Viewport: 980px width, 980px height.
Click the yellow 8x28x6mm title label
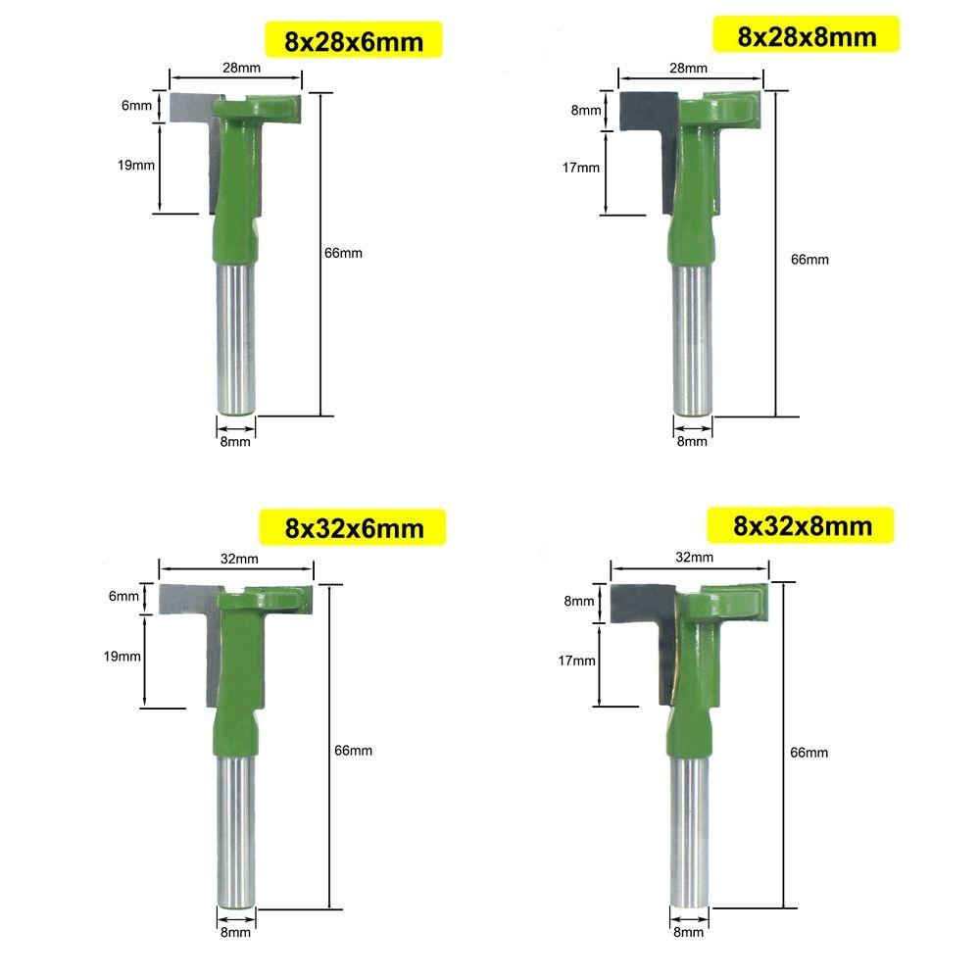pyautogui.click(x=354, y=40)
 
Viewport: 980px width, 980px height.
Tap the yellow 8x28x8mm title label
pyautogui.click(x=807, y=35)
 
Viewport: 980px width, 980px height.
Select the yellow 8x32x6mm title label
pyautogui.click(x=353, y=527)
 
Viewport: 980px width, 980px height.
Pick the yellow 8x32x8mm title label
pyautogui.click(x=802, y=525)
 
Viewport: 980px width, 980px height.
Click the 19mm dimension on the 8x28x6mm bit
pyautogui.click(x=136, y=166)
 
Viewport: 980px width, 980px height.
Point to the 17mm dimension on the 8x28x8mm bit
pyautogui.click(x=580, y=168)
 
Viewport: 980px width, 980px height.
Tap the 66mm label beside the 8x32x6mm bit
pyautogui.click(x=353, y=751)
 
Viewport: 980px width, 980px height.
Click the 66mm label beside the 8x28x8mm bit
pyautogui.click(x=810, y=260)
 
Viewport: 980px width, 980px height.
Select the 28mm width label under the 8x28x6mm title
pyautogui.click(x=242, y=68)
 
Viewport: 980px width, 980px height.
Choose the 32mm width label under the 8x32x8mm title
pyautogui.click(x=695, y=557)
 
